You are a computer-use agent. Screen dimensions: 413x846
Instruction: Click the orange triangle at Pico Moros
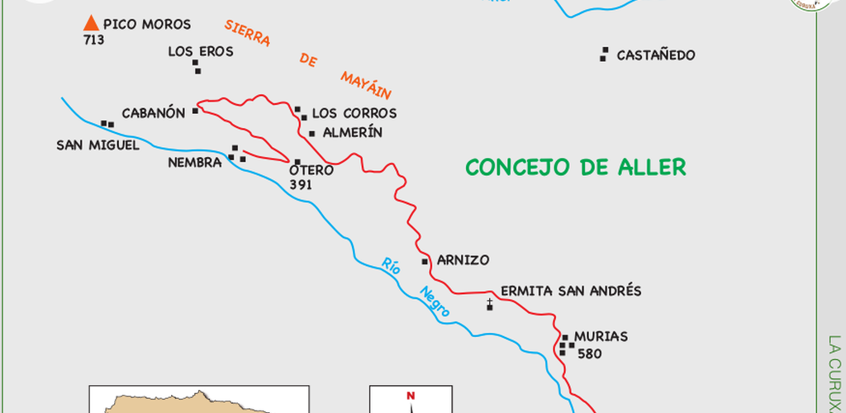coord(92,23)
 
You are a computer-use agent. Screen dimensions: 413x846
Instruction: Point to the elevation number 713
coord(94,40)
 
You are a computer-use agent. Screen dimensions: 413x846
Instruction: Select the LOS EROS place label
coord(200,51)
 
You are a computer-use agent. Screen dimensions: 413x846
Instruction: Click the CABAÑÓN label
coord(153,113)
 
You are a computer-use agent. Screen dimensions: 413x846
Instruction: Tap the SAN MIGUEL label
coord(92,145)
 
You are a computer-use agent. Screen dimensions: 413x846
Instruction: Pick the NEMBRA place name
coord(194,163)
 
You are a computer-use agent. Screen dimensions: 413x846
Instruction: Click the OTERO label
coord(311,170)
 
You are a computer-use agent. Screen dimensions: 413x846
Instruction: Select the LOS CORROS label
coord(354,113)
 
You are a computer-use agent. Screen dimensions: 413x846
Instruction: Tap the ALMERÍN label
coord(353,132)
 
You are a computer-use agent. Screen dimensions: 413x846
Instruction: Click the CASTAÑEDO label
coord(656,55)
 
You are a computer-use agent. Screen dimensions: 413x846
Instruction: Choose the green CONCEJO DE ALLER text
coord(576,168)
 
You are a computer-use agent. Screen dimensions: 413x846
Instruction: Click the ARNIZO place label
coord(463,260)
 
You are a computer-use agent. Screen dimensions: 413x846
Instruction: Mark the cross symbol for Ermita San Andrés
coord(490,305)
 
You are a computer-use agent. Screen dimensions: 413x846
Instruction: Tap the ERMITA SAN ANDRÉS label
coord(570,291)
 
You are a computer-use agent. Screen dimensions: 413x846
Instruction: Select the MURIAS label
coord(601,337)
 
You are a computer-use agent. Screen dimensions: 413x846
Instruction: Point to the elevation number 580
coord(590,354)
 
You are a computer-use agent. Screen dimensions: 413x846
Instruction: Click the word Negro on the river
coord(435,302)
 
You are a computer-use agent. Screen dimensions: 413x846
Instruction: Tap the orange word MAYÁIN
coord(365,84)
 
